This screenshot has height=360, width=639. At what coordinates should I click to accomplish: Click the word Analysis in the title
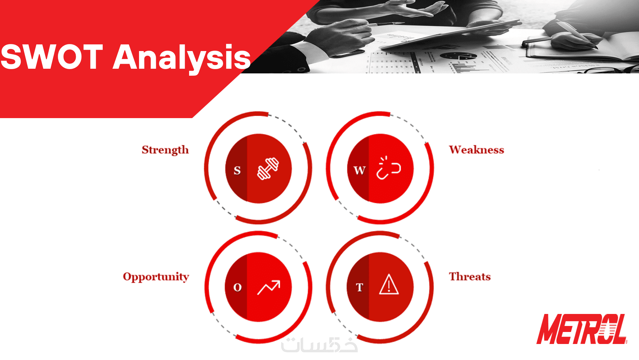182,59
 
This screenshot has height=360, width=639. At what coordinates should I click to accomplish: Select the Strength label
165,150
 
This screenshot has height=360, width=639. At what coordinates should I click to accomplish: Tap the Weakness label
476,150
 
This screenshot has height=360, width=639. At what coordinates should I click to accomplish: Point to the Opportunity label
156,277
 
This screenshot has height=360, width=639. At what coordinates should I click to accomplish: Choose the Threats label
470,277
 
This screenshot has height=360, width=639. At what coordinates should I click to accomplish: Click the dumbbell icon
268,168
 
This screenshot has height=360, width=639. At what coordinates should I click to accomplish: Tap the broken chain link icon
389,168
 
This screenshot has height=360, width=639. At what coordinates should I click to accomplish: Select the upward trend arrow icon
269,288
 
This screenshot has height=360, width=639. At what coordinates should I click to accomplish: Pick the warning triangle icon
389,284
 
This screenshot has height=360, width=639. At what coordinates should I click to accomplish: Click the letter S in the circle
237,170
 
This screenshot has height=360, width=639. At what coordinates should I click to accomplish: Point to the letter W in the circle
360,170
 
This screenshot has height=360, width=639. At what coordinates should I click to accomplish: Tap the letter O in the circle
237,287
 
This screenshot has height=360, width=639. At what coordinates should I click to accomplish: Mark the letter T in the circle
359,287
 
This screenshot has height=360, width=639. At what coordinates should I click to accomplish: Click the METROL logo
582,329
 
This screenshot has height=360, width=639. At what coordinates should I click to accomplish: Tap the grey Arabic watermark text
319,345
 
